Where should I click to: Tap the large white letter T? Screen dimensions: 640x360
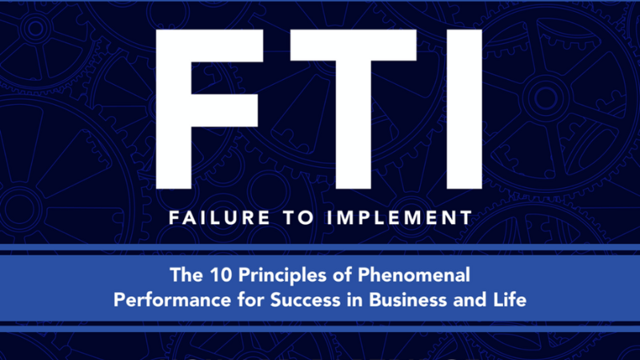[x=354, y=109]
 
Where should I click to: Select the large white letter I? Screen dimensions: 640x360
[x=464, y=109]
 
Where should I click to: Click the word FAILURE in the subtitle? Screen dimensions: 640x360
[x=219, y=218]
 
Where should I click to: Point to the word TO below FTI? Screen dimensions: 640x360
[x=298, y=218]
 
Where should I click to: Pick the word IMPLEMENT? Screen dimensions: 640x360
[x=399, y=218]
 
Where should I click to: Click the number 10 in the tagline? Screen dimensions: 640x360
[x=221, y=274]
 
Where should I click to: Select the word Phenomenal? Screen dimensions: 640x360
[x=414, y=274]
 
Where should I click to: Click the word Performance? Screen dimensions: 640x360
[x=172, y=300]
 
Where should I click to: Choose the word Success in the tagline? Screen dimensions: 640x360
[x=305, y=300]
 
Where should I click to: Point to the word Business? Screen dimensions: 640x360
[x=408, y=300]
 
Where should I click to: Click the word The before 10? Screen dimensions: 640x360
[x=186, y=274]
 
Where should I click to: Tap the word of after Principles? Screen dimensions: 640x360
[x=342, y=274]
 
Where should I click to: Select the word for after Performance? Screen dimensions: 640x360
[x=250, y=300]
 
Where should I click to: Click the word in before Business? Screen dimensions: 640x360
[x=354, y=300]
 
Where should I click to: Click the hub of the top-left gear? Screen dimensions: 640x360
[x=35, y=28]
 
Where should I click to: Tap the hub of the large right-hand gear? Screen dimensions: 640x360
[x=546, y=98]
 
